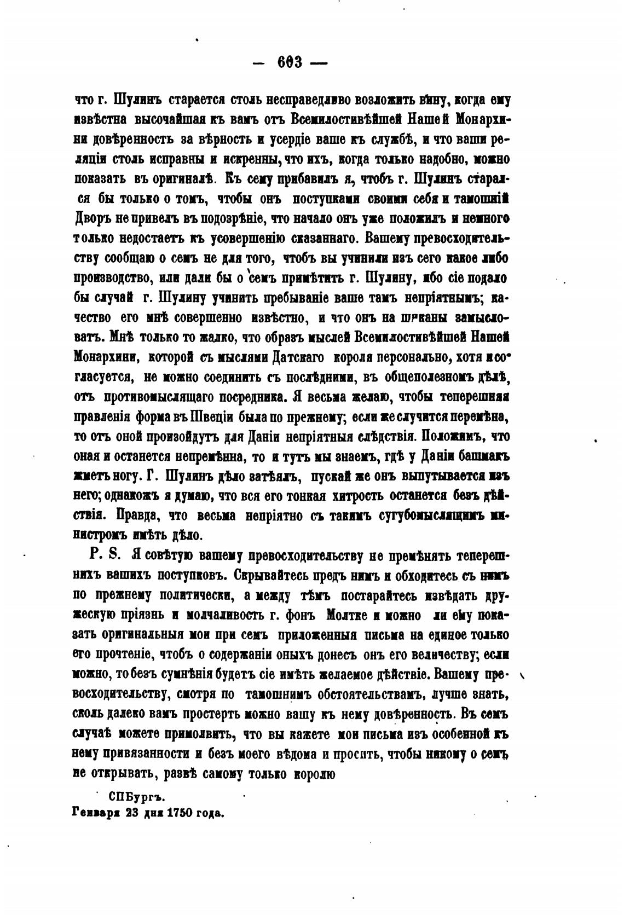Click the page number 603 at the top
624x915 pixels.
pos(290,62)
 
